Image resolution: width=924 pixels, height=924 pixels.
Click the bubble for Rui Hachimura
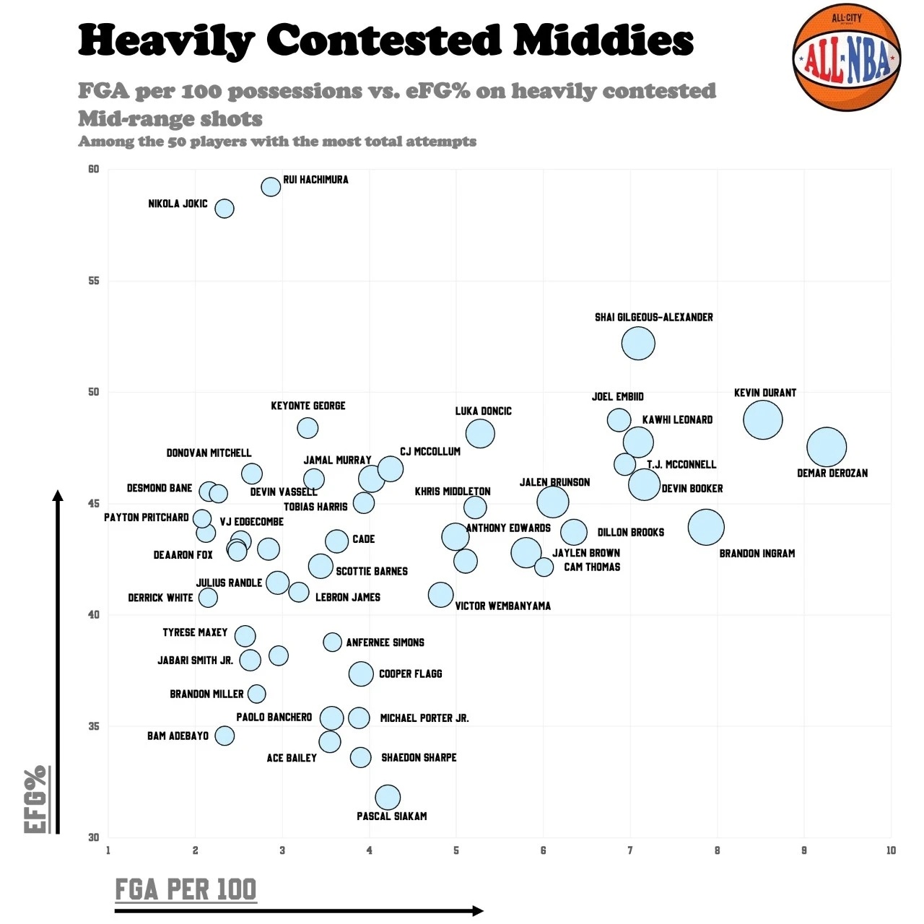click(x=271, y=187)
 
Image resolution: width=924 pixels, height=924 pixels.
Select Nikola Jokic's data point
click(x=225, y=209)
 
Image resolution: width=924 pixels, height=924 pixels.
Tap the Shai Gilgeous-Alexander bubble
click(x=638, y=343)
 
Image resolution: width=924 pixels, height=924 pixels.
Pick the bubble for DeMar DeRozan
click(x=827, y=447)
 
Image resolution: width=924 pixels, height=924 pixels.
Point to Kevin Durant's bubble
click(x=762, y=419)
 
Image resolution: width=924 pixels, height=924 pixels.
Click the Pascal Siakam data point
click(x=388, y=797)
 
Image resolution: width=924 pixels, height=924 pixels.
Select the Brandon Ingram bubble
click(x=706, y=527)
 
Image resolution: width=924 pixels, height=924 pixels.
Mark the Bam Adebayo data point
click(x=225, y=736)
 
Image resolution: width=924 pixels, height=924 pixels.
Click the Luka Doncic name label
click(x=483, y=411)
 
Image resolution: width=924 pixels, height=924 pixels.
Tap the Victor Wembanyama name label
click(x=502, y=606)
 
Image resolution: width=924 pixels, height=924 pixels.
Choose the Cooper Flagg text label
click(x=410, y=674)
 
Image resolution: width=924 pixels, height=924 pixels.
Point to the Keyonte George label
click(x=308, y=406)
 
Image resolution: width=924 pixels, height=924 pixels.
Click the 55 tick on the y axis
click(x=94, y=281)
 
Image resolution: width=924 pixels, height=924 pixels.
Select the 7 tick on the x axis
click(x=630, y=850)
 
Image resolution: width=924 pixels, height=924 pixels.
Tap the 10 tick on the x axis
click(x=891, y=850)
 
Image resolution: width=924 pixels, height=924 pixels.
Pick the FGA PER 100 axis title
click(x=186, y=889)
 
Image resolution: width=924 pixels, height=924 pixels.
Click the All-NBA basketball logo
click(x=846, y=58)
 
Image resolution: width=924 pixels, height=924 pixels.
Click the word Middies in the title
click(x=603, y=40)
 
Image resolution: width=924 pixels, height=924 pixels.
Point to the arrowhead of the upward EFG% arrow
click(x=58, y=495)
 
